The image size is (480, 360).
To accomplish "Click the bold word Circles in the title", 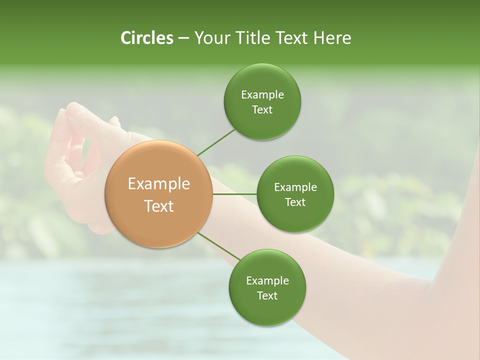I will point(146,38).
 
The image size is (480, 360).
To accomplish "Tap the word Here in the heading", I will point(332,38).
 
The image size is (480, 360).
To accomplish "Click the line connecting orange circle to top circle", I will point(216,141).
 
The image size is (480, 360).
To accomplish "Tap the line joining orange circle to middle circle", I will point(234,193).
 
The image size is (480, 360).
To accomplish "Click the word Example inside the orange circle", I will point(158,184).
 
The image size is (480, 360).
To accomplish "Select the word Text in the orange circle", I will point(158,206).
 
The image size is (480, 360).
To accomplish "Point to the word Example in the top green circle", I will point(262,94).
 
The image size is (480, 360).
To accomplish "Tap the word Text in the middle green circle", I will point(295,202).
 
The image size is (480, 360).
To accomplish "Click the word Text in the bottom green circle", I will point(267,295).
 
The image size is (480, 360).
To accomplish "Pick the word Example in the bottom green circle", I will point(267,280).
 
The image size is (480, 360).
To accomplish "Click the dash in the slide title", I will point(183,38).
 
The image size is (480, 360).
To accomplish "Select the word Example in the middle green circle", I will point(295,187).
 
